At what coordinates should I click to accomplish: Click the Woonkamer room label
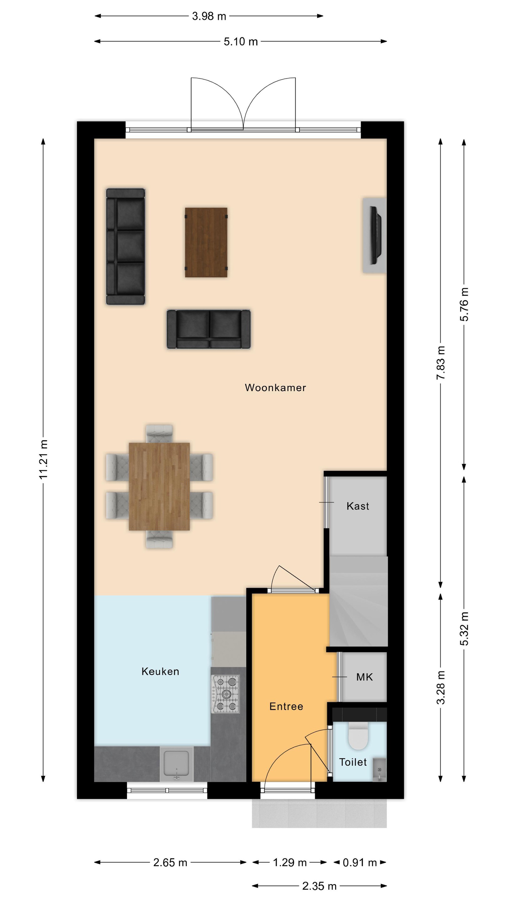point(275,388)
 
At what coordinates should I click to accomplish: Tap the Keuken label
point(160,671)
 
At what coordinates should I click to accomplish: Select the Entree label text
point(286,706)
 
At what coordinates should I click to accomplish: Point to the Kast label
point(358,506)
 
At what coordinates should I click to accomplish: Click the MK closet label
point(364,677)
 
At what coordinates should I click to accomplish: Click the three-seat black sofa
point(125,246)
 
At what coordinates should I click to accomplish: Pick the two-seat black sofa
point(208,329)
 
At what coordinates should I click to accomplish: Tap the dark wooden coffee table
point(206,242)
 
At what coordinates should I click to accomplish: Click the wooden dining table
point(159,486)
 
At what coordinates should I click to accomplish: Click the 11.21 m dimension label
point(43,459)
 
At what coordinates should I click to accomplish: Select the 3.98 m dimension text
point(209,16)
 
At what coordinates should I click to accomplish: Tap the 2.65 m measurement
point(170,863)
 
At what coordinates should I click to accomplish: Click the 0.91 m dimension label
point(360,863)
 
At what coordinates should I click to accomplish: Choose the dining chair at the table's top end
point(159,433)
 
